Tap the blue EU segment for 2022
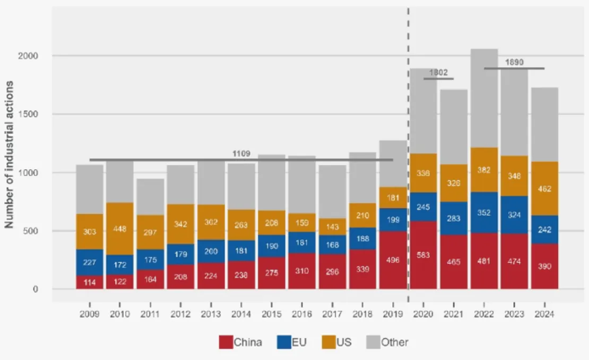tap(484, 212)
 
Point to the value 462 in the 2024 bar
tap(545, 189)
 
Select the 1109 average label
tap(241, 154)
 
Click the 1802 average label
tap(438, 73)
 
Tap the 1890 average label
tap(514, 62)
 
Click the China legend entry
tap(240, 342)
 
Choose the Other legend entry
tap(387, 342)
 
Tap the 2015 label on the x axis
tap(272, 314)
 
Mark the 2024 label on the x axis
tap(545, 314)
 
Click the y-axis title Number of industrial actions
tap(9, 154)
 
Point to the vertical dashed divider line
tap(408, 133)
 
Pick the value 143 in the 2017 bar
tap(332, 226)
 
